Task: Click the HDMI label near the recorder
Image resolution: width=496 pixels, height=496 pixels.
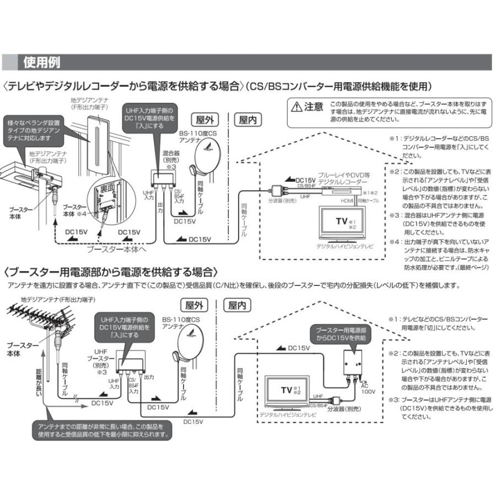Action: (x=347, y=202)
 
